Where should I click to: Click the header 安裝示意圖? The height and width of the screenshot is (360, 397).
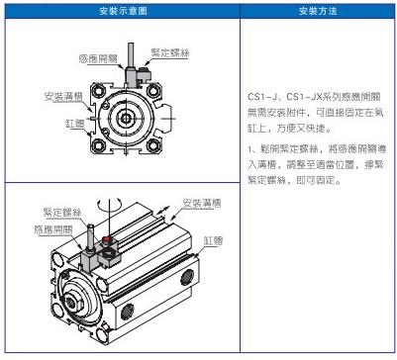[123, 11]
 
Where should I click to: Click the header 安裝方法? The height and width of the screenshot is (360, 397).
[318, 11]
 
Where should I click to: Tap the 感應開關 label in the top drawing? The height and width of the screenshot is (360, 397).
[98, 59]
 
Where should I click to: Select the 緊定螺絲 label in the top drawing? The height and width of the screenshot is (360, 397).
[170, 52]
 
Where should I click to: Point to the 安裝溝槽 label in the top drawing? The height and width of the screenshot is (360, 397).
[63, 97]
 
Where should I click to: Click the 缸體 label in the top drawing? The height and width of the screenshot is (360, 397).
[75, 124]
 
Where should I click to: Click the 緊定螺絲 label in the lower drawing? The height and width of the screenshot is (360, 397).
[62, 213]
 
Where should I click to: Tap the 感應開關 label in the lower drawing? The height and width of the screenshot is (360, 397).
[53, 229]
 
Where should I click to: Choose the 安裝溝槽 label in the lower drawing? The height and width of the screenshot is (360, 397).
[202, 203]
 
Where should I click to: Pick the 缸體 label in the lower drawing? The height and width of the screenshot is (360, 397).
[214, 240]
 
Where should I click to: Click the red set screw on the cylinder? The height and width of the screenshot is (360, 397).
[106, 239]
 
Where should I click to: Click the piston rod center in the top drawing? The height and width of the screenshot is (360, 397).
[126, 118]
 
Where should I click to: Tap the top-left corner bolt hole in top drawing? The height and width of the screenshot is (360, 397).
[98, 90]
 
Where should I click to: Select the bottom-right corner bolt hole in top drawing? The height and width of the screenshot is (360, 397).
[153, 145]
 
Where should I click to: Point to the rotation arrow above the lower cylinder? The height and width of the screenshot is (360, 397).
[110, 204]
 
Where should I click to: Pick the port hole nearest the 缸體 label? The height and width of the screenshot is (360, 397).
[187, 277]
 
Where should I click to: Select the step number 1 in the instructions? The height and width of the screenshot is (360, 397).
[249, 149]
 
